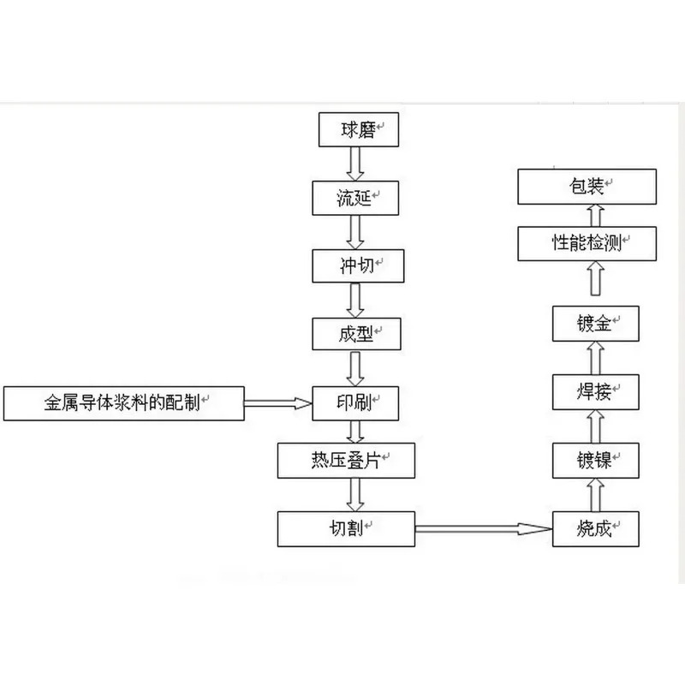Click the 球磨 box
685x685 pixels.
point(359,130)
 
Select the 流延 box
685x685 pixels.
point(355,198)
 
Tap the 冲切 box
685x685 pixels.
point(358,266)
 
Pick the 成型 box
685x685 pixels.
point(356,334)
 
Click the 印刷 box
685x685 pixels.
point(355,403)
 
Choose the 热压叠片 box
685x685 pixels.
point(347,461)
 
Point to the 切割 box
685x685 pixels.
point(347,529)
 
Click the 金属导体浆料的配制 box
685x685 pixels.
point(124,403)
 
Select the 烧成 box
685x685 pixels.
point(596,529)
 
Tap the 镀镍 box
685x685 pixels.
point(596,461)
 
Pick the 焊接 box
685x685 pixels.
point(596,392)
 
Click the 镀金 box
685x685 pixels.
point(596,324)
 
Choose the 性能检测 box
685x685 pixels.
point(587,244)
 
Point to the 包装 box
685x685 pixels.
point(587,187)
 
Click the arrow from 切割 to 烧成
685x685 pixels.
point(484,529)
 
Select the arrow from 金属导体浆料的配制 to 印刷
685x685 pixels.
point(278,403)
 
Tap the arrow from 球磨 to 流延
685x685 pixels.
point(355,164)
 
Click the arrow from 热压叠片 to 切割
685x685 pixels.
point(355,495)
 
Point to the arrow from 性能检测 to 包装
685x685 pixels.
point(596,216)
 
